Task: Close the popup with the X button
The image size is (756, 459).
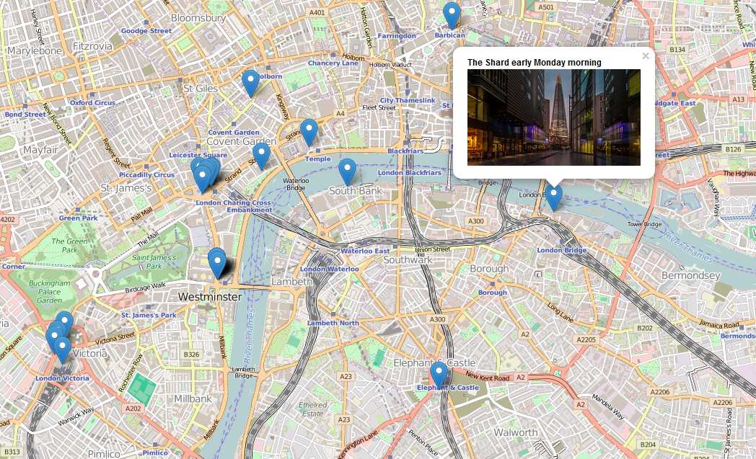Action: click(646, 56)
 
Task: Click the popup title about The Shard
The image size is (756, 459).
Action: click(534, 63)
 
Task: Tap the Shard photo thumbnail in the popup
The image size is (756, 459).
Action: click(553, 117)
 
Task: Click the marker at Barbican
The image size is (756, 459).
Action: click(452, 14)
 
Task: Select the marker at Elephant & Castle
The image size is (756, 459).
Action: click(439, 374)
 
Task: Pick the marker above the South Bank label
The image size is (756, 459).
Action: click(347, 171)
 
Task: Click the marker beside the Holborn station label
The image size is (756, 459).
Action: click(250, 82)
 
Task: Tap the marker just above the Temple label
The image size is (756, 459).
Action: click(309, 131)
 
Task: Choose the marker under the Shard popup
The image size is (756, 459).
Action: click(553, 196)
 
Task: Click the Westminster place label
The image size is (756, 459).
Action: click(209, 296)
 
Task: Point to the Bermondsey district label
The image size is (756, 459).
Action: click(690, 275)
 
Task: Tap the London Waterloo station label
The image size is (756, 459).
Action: click(329, 269)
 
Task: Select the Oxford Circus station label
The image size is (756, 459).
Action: click(92, 102)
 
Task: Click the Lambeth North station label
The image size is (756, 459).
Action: click(333, 323)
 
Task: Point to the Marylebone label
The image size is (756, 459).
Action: click(34, 51)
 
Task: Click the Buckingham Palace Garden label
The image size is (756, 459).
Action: click(50, 291)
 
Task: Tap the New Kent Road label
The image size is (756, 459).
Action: click(488, 376)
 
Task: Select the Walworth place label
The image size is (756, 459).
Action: click(515, 432)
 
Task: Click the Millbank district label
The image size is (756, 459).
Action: click(193, 398)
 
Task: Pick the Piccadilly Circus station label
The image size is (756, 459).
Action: click(147, 174)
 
